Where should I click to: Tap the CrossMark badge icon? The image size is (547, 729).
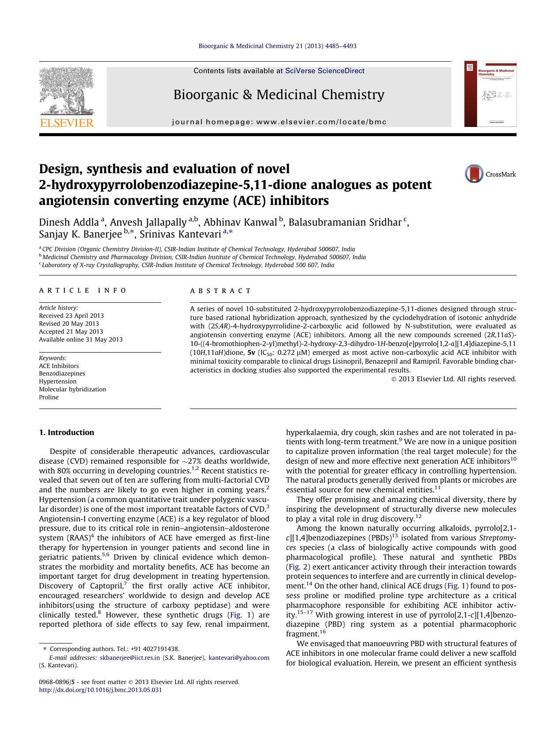(x=474, y=174)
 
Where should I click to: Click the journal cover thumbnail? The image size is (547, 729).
(x=490, y=94)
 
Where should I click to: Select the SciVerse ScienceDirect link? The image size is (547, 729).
(x=325, y=71)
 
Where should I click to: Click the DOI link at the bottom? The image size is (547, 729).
(x=100, y=690)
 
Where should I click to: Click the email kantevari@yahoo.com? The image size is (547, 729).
(x=238, y=658)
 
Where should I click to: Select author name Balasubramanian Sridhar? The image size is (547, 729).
(x=345, y=222)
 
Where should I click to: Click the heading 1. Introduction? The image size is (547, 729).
(x=67, y=432)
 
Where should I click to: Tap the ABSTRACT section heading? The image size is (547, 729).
(x=220, y=290)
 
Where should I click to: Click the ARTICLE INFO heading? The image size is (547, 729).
(x=83, y=290)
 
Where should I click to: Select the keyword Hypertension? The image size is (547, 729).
(x=58, y=381)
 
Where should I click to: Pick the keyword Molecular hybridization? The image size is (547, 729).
(x=72, y=389)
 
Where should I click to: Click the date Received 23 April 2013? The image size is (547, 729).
(x=71, y=316)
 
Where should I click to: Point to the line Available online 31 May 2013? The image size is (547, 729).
(x=81, y=339)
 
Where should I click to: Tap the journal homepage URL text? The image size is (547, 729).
(x=279, y=122)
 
